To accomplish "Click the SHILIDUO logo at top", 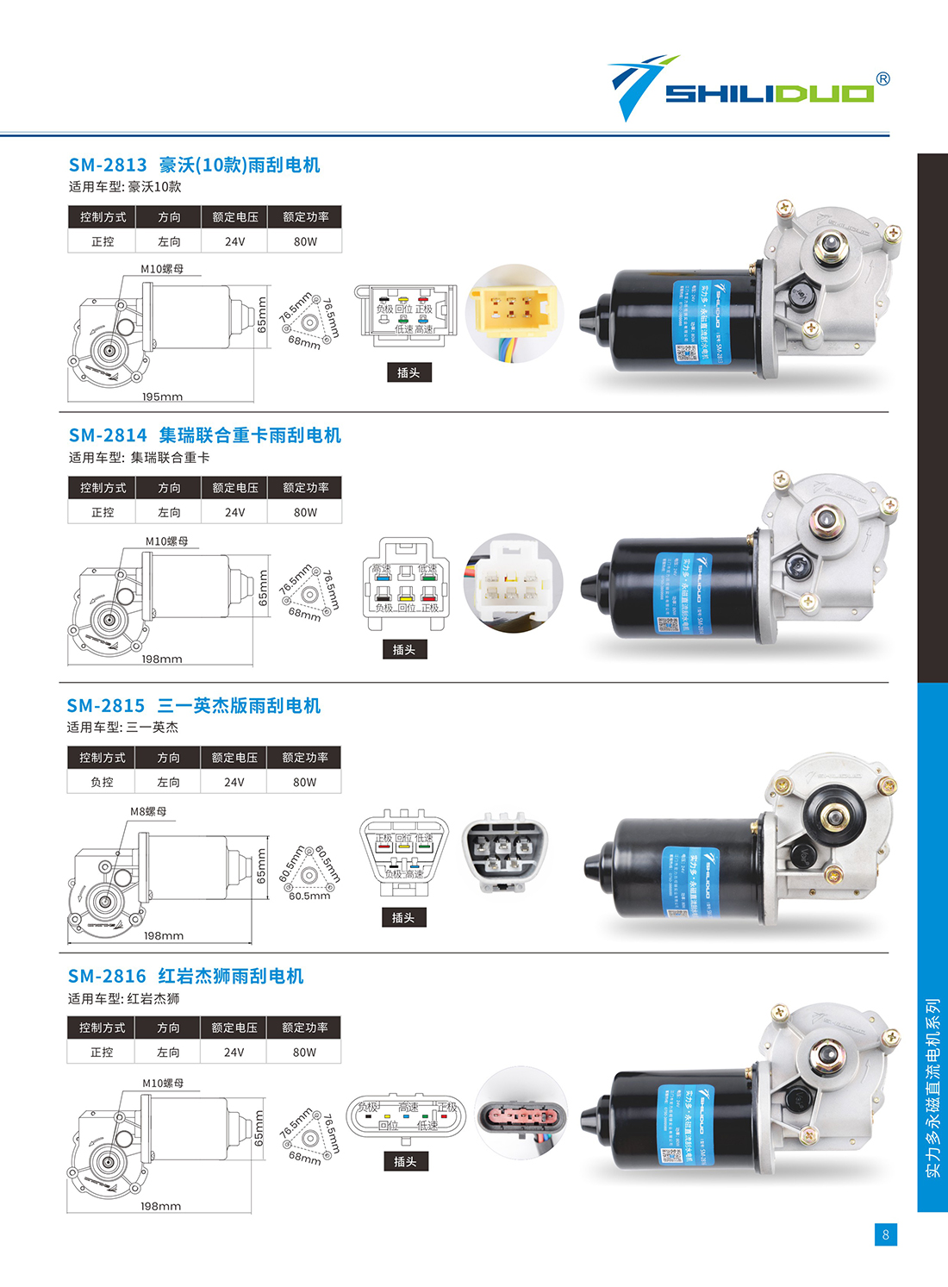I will (x=748, y=90).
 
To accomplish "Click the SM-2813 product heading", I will (x=194, y=165).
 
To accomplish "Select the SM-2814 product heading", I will (x=204, y=435).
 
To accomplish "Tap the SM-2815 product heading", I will (x=194, y=706).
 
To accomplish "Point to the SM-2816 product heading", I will (x=185, y=976).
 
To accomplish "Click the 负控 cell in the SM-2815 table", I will (x=102, y=782).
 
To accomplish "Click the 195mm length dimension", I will (x=162, y=397).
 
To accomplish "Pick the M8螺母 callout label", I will (x=148, y=811).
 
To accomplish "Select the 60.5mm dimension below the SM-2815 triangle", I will (x=309, y=896).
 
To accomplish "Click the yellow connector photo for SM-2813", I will (x=514, y=312).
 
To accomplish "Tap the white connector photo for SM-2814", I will (x=513, y=582).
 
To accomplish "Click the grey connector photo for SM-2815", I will (x=504, y=852).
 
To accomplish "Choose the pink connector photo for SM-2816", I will (x=521, y=1115).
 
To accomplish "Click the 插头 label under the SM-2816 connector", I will (x=405, y=1162).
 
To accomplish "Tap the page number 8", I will (x=885, y=1234).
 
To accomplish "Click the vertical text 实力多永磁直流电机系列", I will (x=932, y=1088).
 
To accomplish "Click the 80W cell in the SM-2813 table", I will (x=305, y=241).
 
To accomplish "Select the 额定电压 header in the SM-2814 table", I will (x=234, y=488).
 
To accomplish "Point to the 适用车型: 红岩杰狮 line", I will (x=124, y=998).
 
